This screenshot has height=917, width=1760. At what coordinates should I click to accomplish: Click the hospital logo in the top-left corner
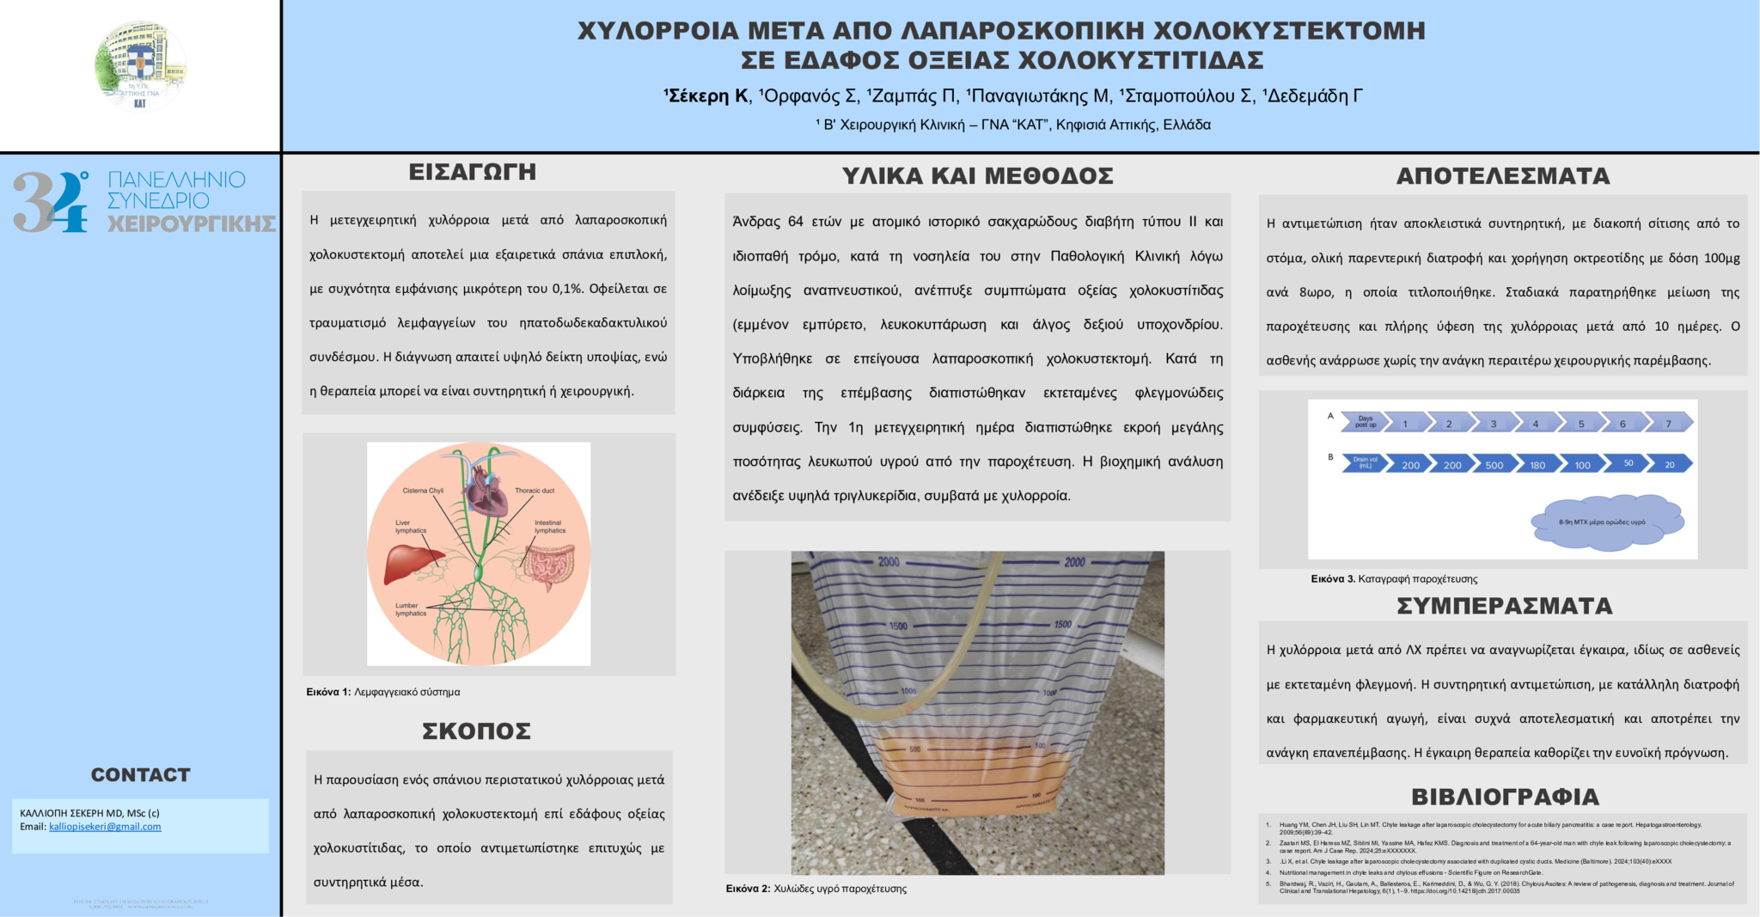point(140,67)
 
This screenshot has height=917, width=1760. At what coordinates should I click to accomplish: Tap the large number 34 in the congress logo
point(50,202)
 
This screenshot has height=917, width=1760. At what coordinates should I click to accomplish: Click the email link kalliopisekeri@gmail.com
point(105,827)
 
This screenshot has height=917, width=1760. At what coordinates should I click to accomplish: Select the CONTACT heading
point(140,775)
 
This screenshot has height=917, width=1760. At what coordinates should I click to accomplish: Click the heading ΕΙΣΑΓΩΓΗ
point(473,173)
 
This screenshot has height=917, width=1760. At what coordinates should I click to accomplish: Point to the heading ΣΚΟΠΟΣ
point(476,731)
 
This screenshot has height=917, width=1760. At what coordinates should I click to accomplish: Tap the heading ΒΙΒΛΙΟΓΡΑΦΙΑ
point(1504,797)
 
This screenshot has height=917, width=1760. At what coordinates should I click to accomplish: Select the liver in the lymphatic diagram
point(412,563)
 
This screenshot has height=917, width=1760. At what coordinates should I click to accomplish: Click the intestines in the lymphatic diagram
point(549,568)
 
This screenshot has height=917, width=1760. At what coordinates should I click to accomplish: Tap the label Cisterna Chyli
point(423,491)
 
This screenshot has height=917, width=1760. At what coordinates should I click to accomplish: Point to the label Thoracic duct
point(535,491)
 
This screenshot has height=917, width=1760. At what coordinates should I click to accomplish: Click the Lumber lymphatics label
point(411,609)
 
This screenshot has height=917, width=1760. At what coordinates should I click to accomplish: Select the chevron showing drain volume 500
point(1494,465)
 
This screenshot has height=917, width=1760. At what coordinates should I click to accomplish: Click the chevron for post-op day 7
point(1669,423)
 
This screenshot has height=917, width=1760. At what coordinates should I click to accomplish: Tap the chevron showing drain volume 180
point(1537,465)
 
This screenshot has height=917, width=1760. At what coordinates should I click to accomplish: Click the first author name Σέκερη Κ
point(707,96)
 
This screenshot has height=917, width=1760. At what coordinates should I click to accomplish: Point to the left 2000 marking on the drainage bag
point(889,562)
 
